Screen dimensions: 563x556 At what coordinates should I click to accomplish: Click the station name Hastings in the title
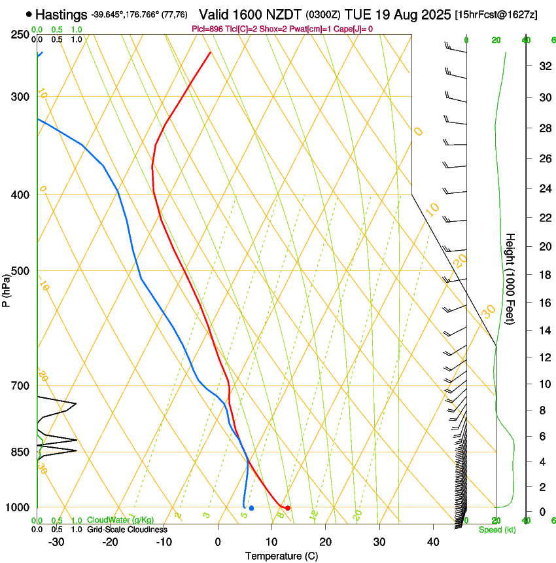tap(61, 14)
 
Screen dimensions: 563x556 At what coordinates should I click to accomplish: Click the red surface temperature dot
tap(288, 507)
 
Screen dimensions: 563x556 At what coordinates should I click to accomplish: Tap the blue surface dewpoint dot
tap(251, 508)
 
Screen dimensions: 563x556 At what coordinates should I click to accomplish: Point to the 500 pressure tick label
tap(20, 271)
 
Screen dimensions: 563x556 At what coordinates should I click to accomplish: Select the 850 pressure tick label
tap(20, 452)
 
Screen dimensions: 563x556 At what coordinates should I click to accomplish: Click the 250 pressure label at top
tap(20, 35)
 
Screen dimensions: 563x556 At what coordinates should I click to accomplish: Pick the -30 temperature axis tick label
tap(56, 542)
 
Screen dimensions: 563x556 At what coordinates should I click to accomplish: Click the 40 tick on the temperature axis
tap(433, 542)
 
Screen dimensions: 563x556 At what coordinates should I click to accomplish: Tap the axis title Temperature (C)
tap(281, 556)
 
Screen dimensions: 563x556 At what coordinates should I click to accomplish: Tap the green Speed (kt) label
tap(496, 530)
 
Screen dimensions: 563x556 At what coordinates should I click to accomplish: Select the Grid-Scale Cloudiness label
tap(127, 530)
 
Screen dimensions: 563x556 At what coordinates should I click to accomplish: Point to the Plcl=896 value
tap(207, 29)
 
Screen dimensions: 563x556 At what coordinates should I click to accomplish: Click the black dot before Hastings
tap(29, 14)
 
